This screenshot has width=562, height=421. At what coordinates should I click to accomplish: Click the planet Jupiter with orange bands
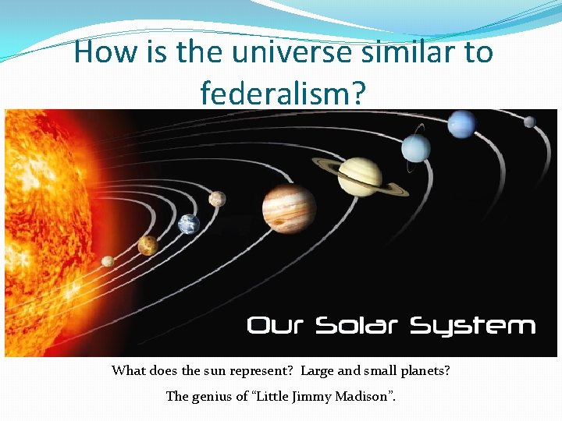(289, 207)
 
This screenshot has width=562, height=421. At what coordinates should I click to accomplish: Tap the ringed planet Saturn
(360, 175)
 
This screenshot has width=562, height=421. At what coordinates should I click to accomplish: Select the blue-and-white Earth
(189, 225)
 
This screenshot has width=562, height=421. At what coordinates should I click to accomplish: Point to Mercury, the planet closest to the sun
(108, 261)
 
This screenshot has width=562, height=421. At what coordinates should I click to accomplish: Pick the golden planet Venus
(148, 246)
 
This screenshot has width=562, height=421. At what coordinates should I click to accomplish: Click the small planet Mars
(217, 199)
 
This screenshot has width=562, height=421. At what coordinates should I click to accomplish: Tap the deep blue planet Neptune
(462, 122)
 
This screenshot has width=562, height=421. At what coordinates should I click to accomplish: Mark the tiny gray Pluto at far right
(529, 122)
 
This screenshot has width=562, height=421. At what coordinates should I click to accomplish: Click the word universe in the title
(293, 52)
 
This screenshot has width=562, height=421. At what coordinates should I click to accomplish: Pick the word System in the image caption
(473, 327)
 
